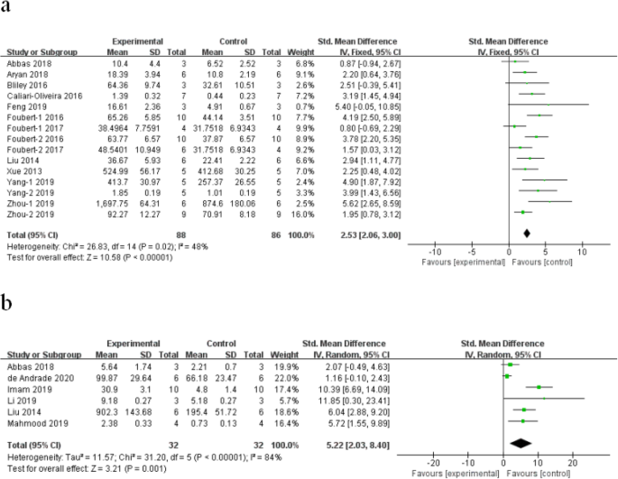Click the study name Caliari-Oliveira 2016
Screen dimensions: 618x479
coord(44,96)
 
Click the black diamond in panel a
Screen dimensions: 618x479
coord(527,234)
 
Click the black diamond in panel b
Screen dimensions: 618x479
coord(521,444)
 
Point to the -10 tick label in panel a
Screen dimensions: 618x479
coord(435,252)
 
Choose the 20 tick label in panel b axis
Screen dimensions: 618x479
coord(573,463)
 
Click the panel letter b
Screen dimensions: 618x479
coord(6,303)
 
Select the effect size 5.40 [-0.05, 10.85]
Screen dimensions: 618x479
coord(368,106)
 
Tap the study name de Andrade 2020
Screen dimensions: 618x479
coord(41,378)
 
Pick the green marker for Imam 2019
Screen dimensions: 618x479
coord(539,388)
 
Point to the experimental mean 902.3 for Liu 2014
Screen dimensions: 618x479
coord(106,412)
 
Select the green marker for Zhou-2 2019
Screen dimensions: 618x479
coord(523,212)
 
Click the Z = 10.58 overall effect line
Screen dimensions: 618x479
coord(90,257)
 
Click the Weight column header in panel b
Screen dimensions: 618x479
coord(284,355)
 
